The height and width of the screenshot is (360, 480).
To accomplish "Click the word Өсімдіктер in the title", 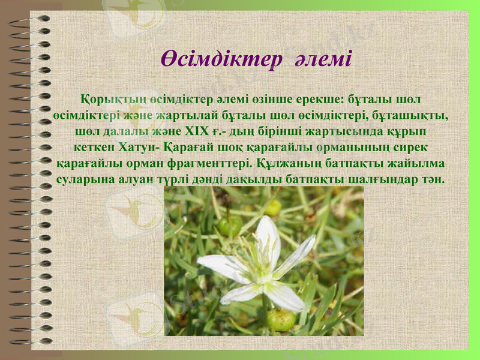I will (220, 60).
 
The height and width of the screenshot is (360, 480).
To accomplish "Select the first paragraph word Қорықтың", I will (107, 98).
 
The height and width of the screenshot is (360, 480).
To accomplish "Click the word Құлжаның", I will (286, 163).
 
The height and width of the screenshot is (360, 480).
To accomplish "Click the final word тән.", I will (433, 179).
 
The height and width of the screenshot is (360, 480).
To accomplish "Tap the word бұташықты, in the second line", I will (409, 115).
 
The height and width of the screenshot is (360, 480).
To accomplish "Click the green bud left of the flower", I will (229, 226).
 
